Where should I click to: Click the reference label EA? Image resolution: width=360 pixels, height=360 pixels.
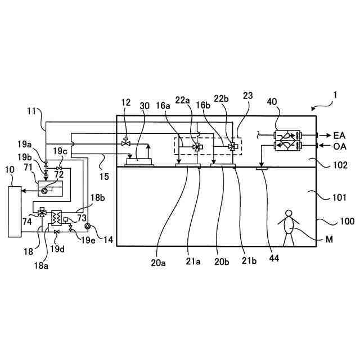[340, 136]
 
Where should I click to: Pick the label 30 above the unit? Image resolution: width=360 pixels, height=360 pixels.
[145, 105]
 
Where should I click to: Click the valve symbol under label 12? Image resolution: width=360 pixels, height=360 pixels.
[125, 144]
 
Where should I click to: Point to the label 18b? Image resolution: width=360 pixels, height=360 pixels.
[97, 198]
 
